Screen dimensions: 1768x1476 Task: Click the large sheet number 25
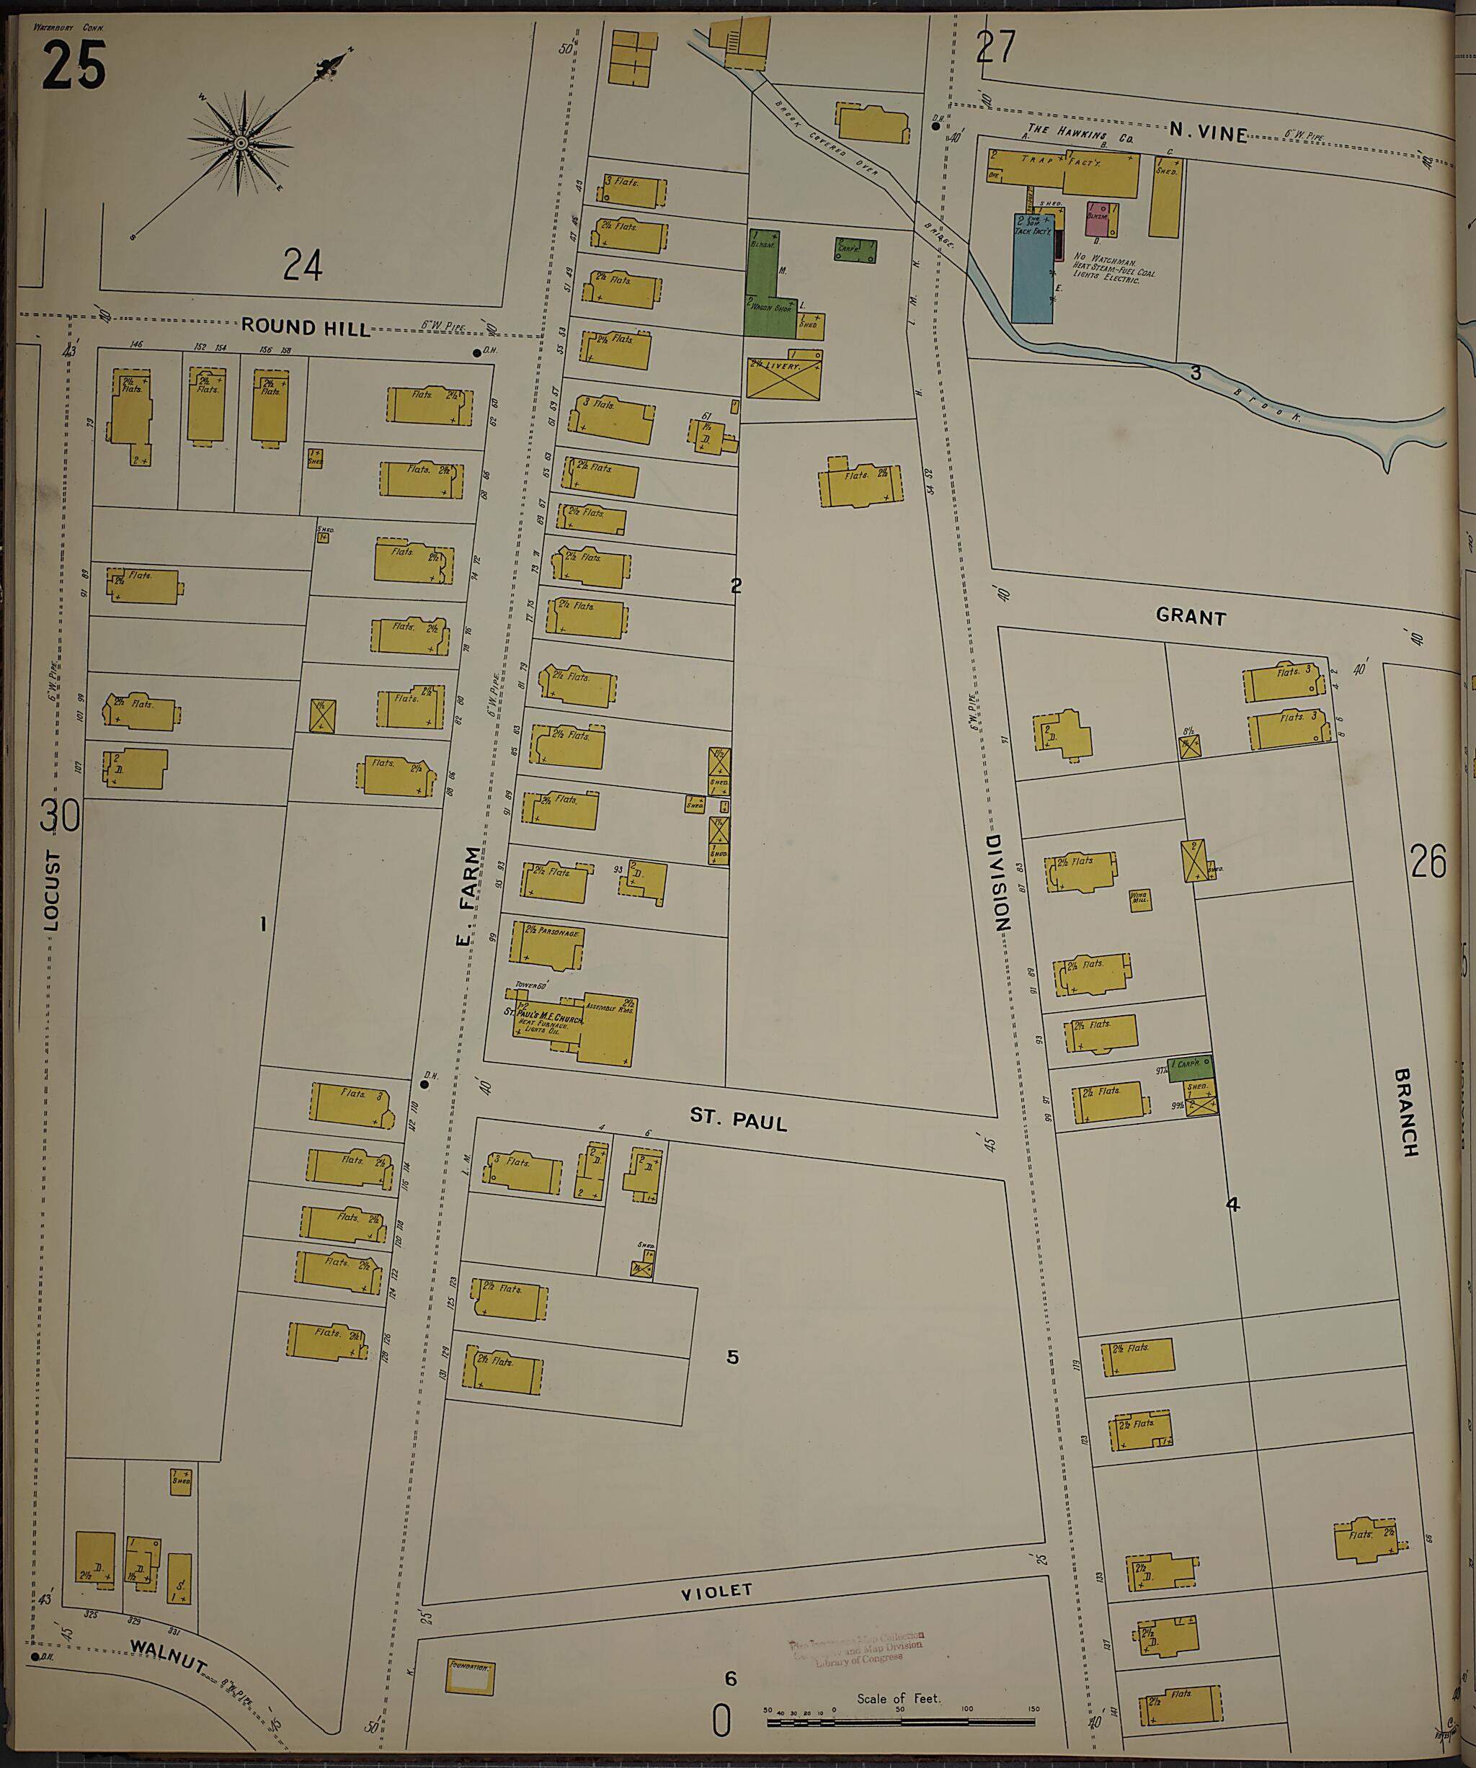[74, 66]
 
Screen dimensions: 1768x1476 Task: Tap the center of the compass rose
[241, 143]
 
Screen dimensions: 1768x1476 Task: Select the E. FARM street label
[470, 895]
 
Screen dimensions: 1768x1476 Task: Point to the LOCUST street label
[52, 890]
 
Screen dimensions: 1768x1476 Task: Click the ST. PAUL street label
[737, 1119]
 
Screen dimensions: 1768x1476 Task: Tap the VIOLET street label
[716, 1591]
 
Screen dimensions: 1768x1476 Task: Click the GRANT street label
[1191, 616]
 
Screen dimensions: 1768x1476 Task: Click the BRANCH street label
[1405, 1112]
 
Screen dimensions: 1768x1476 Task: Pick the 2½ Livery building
[783, 376]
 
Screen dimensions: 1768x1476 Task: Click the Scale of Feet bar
[902, 1723]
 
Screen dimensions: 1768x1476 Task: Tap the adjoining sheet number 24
[302, 264]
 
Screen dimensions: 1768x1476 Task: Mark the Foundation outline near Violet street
[469, 1677]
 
